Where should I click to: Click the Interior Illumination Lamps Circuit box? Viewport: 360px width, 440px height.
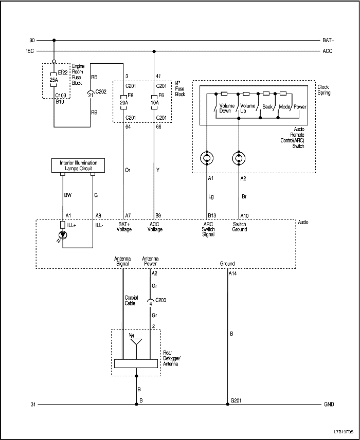[x=78, y=166]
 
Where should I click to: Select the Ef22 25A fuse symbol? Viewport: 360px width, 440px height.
[x=53, y=80]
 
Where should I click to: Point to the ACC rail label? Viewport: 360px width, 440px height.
[x=328, y=51]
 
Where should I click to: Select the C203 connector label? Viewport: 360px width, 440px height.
[x=161, y=299]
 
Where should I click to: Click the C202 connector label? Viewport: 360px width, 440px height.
[x=100, y=91]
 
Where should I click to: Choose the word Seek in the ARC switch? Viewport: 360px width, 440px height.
[x=267, y=106]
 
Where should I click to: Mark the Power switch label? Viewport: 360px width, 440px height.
[x=300, y=106]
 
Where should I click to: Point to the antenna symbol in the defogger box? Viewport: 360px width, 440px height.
[x=136, y=342]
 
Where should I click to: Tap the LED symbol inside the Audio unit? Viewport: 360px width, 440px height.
[x=63, y=235]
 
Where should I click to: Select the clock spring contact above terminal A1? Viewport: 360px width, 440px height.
[x=207, y=157]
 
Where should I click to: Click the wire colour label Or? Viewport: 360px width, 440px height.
[x=128, y=170]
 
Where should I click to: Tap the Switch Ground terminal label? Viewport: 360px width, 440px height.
[x=240, y=227]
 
